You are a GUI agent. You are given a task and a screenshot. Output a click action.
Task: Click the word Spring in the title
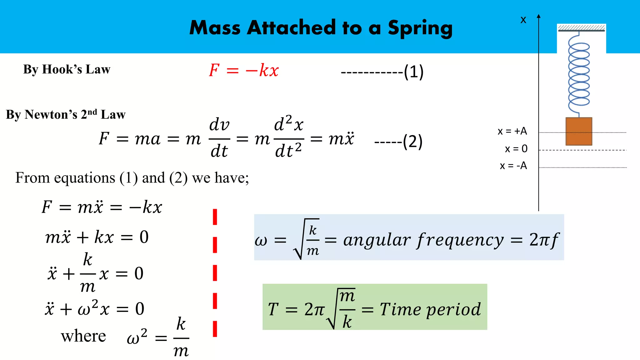tap(420, 28)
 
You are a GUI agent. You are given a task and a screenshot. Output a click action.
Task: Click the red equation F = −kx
tap(244, 70)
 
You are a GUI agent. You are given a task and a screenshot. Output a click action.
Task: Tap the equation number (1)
tap(413, 72)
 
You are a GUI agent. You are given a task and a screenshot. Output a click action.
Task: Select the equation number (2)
tap(412, 142)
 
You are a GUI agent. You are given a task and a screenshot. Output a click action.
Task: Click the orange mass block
tap(579, 132)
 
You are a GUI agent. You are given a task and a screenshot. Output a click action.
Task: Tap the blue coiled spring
tap(579, 74)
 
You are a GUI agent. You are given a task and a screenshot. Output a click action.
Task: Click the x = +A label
tap(512, 131)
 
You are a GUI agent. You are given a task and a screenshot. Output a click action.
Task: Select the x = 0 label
tap(516, 149)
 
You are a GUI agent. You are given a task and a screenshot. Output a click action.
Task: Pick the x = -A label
tap(513, 166)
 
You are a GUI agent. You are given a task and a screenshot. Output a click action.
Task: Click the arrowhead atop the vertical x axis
tap(538, 16)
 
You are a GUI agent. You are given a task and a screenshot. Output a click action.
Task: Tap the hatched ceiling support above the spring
tap(581, 28)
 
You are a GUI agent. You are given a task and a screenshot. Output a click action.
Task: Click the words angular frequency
tap(423, 240)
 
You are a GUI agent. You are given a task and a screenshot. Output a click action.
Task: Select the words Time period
tap(430, 310)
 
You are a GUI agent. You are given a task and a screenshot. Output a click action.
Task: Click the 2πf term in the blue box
tap(544, 240)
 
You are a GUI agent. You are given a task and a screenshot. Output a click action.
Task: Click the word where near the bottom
tap(83, 337)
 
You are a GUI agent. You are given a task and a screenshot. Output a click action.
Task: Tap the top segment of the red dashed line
tap(215, 217)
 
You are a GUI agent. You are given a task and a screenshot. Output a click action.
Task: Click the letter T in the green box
tap(273, 309)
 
